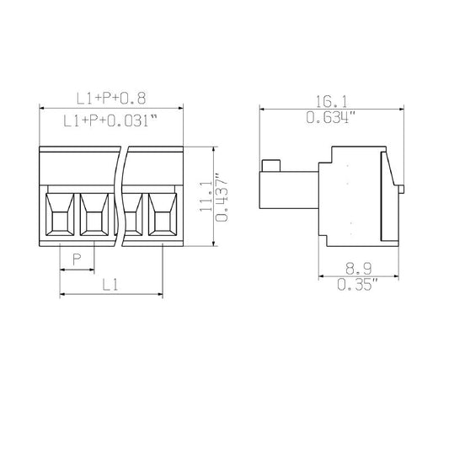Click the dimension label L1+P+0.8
click(x=110, y=99)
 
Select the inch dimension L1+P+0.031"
click(x=111, y=121)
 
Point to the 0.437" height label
click(x=221, y=199)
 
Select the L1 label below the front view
click(x=110, y=285)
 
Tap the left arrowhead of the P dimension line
click(x=62, y=270)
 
